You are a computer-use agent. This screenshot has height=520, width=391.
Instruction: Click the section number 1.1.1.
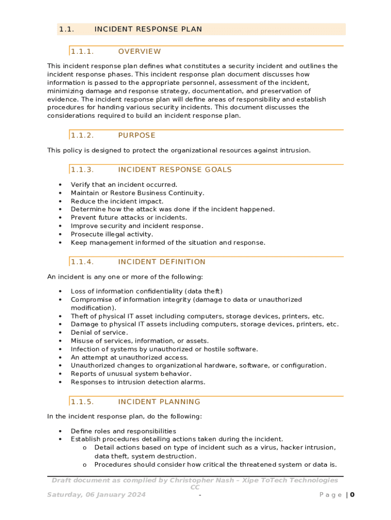[82, 51]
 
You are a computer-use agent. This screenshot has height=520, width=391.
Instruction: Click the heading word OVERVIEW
[139, 51]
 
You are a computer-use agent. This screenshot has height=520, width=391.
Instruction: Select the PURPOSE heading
[137, 135]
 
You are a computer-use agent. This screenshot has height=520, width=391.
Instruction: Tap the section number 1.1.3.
[82, 170]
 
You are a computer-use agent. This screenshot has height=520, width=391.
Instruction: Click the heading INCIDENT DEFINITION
[161, 262]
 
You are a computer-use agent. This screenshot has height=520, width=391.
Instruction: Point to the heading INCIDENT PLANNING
[159, 402]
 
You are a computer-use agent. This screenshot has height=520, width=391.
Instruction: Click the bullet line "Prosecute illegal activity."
[112, 234]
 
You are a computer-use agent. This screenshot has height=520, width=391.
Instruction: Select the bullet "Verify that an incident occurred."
[124, 185]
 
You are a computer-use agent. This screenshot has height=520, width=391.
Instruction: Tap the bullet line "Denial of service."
[99, 333]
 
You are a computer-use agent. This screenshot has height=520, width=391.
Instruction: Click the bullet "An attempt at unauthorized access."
[129, 357]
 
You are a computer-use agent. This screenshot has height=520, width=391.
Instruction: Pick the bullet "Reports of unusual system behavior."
[131, 374]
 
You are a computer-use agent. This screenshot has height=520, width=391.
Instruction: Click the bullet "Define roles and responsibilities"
[123, 431]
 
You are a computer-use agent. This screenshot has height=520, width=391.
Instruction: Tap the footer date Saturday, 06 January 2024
[96, 495]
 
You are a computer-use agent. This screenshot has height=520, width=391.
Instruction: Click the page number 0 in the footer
[352, 495]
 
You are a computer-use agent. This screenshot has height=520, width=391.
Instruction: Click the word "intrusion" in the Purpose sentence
[294, 150]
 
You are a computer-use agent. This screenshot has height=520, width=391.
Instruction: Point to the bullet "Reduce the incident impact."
[117, 201]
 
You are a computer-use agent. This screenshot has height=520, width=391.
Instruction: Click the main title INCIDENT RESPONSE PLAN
[148, 29]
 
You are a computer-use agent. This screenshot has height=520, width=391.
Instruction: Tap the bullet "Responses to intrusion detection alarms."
[138, 382]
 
